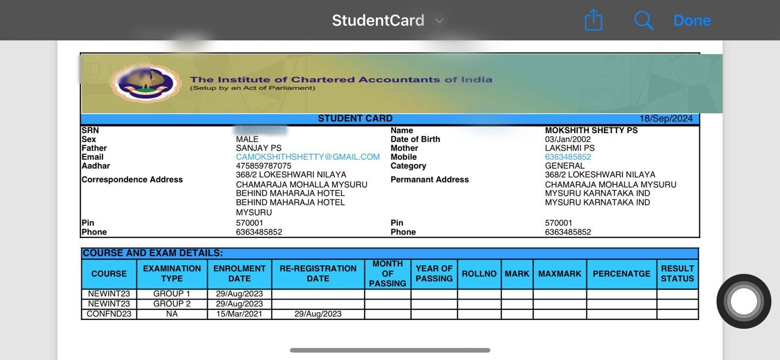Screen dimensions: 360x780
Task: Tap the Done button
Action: pyautogui.click(x=692, y=20)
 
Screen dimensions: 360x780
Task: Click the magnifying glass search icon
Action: pyautogui.click(x=643, y=20)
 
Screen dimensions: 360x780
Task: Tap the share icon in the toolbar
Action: pyautogui.click(x=593, y=20)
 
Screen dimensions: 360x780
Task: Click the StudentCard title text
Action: pyautogui.click(x=378, y=20)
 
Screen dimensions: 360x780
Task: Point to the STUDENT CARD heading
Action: pyautogui.click(x=355, y=119)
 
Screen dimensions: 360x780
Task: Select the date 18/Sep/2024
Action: pyautogui.click(x=666, y=119)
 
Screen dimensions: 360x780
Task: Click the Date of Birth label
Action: pyautogui.click(x=415, y=139)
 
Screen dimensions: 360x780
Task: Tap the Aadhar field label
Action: pyautogui.click(x=96, y=166)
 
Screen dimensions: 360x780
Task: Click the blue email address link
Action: pyautogui.click(x=308, y=157)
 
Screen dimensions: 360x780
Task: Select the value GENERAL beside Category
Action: pyautogui.click(x=565, y=166)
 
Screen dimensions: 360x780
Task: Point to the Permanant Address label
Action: pyautogui.click(x=429, y=180)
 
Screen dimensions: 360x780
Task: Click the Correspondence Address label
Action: pyautogui.click(x=132, y=180)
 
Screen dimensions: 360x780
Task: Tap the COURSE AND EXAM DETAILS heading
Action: pyautogui.click(x=153, y=253)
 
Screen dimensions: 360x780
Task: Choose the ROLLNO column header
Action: pyautogui.click(x=479, y=274)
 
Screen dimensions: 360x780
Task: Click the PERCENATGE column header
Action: pyautogui.click(x=621, y=274)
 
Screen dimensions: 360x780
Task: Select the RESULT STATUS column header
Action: pyautogui.click(x=677, y=274)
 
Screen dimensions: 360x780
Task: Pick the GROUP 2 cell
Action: pyautogui.click(x=172, y=303)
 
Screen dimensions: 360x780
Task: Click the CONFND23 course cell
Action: pyautogui.click(x=109, y=314)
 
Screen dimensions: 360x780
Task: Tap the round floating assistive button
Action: pyautogui.click(x=743, y=301)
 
